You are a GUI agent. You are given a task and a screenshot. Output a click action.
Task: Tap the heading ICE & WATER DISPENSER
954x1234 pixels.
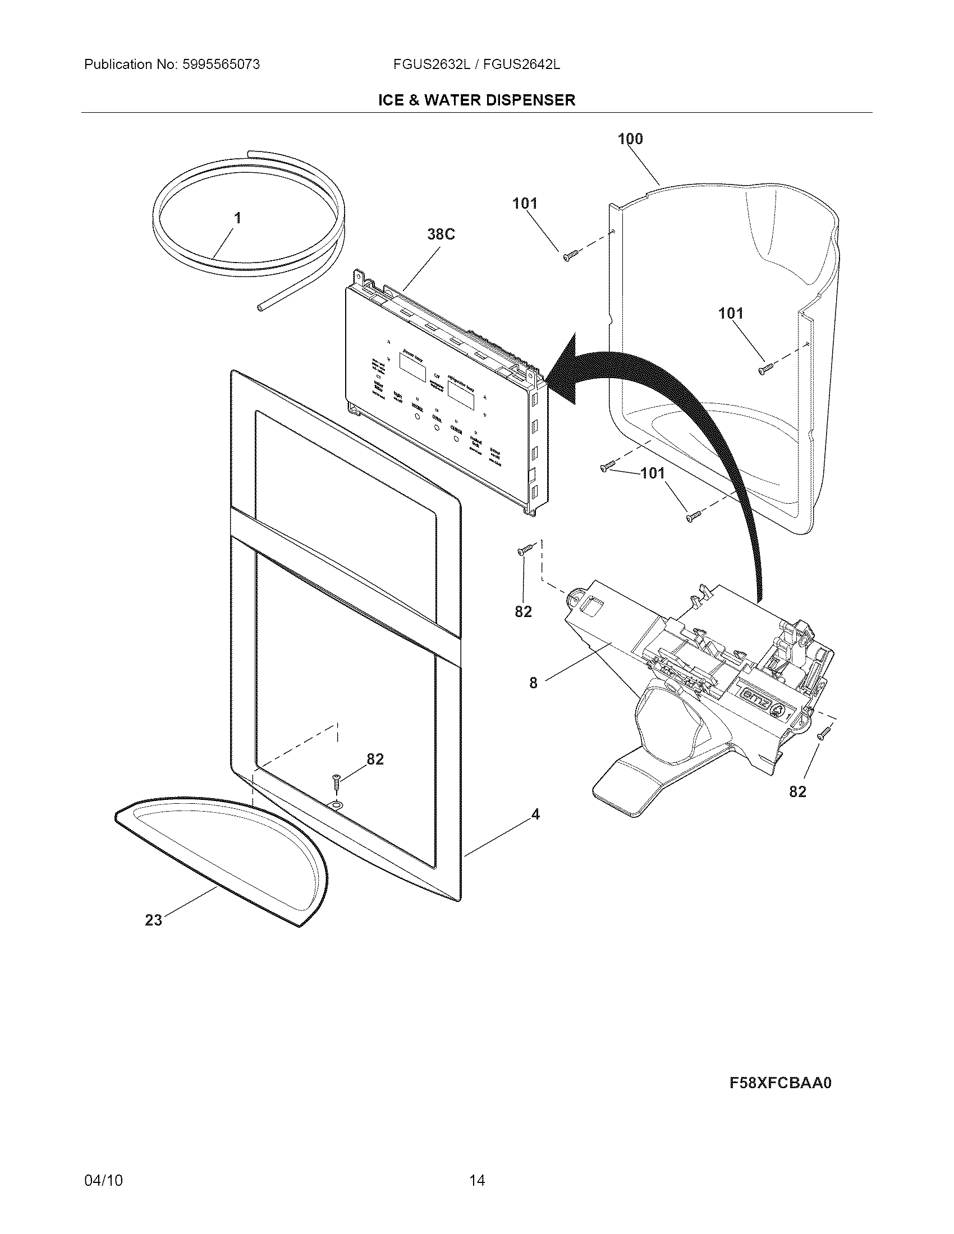point(476,100)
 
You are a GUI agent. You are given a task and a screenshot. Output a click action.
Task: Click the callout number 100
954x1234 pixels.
point(630,139)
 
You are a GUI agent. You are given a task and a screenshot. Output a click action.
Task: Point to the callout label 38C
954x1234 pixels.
point(441,234)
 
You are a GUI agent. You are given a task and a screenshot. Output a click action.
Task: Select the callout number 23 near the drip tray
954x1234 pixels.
point(153,920)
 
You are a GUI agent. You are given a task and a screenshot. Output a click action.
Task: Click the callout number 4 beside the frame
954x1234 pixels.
point(535,814)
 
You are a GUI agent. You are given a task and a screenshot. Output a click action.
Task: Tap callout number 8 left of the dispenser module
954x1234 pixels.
point(533,683)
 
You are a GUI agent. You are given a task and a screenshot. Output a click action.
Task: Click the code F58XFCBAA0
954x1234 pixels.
point(781,1083)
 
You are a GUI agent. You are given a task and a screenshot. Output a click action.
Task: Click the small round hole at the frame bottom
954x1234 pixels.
point(337,804)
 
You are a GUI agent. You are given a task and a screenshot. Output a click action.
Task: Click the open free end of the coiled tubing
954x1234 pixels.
point(260,308)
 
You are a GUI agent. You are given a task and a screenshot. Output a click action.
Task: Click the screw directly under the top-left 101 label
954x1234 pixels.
point(570,256)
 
